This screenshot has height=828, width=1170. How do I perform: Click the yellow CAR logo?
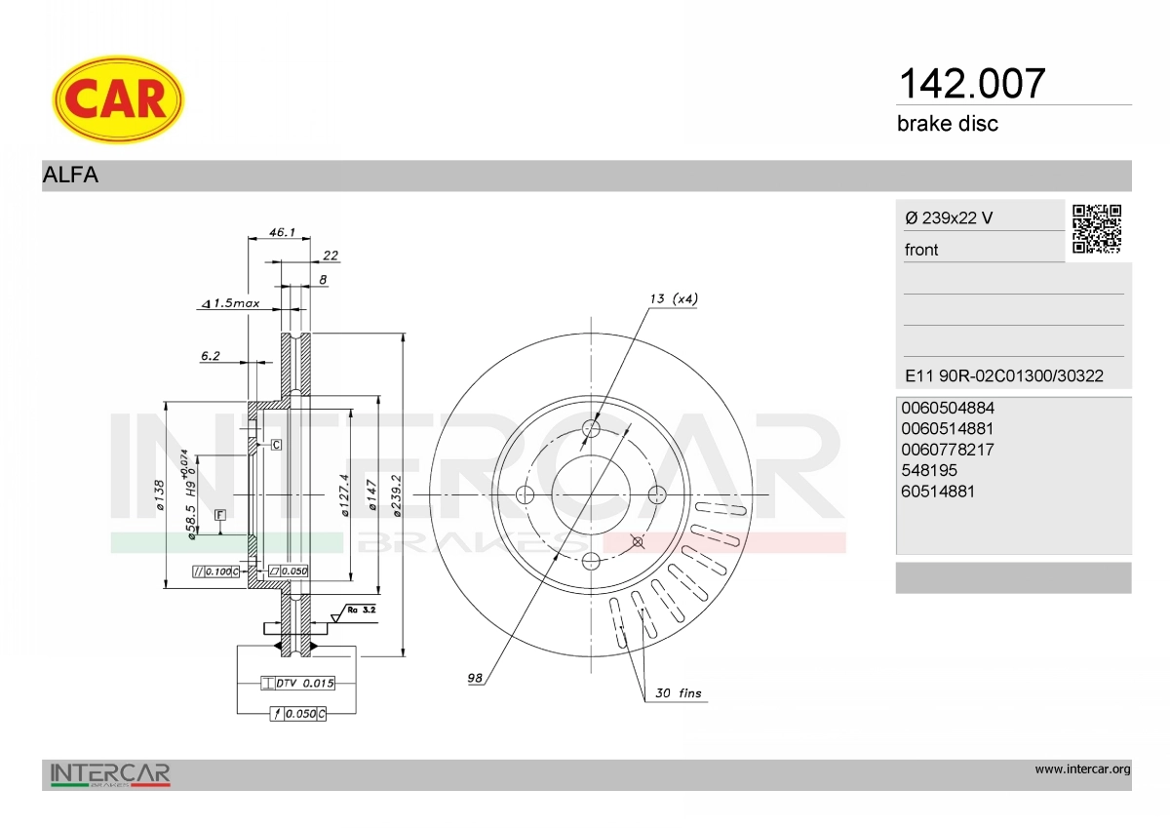(118, 99)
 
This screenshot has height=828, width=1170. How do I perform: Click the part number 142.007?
(971, 84)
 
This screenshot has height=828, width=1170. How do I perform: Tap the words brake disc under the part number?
(948, 124)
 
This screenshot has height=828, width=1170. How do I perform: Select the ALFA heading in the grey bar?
(70, 175)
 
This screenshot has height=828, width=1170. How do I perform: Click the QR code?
(1097, 229)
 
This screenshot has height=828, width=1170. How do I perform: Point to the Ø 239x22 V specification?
(949, 217)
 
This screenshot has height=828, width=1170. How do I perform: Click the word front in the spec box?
(921, 250)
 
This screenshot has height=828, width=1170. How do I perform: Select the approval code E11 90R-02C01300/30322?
(1004, 375)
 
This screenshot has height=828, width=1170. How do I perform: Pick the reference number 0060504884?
(948, 408)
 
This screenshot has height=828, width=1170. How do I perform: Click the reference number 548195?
(929, 470)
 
